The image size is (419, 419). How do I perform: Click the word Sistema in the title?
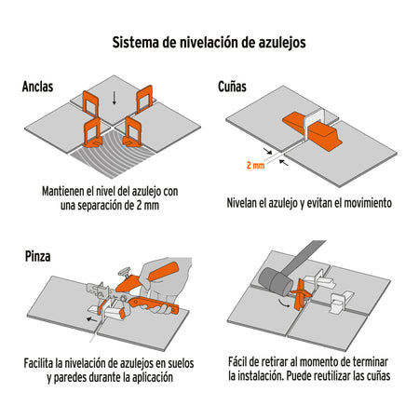pos(140,43)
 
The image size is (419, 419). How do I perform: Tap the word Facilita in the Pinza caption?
pos(42,362)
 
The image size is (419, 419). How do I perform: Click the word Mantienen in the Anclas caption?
pos(66,190)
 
